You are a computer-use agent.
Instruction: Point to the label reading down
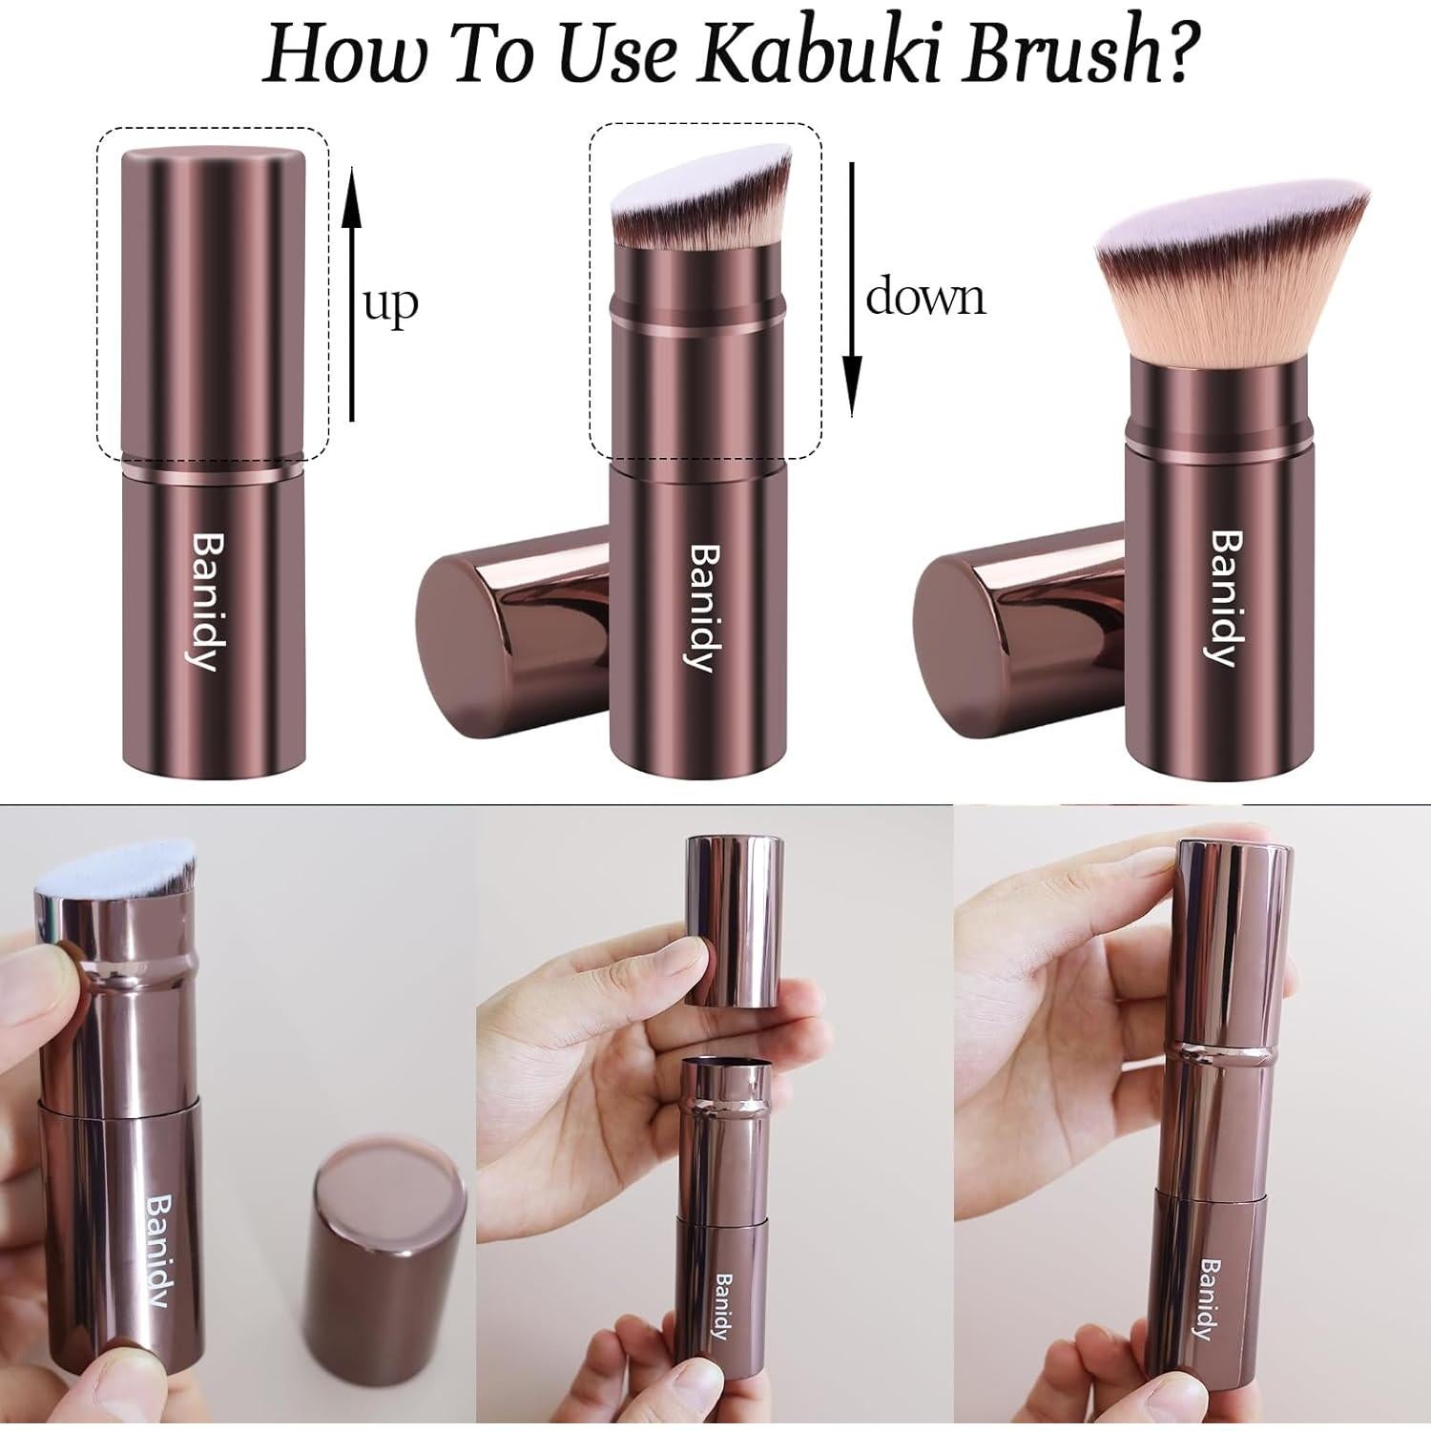[x=924, y=298]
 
